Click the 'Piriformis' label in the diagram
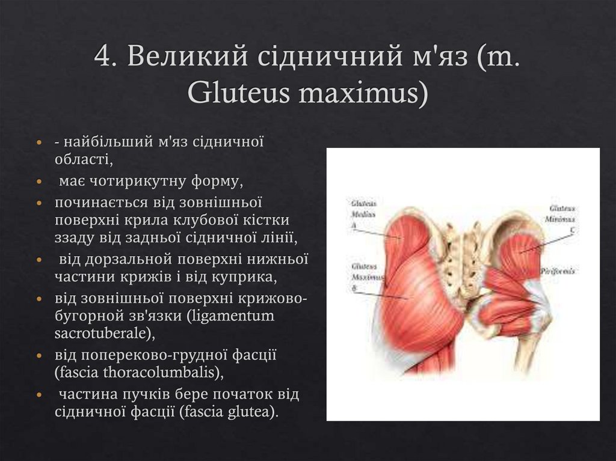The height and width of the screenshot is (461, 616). click(557, 271)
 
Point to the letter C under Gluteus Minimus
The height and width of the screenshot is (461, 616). click(571, 229)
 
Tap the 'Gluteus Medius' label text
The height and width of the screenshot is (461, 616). click(363, 209)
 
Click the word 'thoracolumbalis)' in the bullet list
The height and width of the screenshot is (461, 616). click(150, 372)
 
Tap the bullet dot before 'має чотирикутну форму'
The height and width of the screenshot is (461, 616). click(39, 181)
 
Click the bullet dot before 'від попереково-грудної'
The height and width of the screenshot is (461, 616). click(39, 355)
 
